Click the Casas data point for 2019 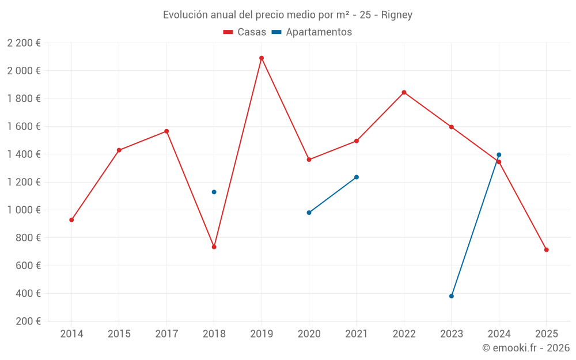coord(262,58)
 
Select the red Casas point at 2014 coord(71,220)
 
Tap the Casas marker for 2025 coord(546,250)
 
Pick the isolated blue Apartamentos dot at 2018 coord(214,192)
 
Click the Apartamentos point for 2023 coord(452,296)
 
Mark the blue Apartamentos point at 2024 coord(499,154)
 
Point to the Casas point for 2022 coord(404,92)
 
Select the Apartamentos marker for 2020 coord(309,213)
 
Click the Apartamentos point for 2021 coord(357,177)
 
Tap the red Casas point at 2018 coord(214,247)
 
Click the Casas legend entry coord(245,32)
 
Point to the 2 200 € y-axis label coord(24,43)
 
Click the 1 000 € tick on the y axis coord(24,210)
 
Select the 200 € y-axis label coord(27,321)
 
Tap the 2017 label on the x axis coord(166,334)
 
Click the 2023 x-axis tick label coord(452,334)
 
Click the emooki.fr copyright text coord(525,348)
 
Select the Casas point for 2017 coord(166,131)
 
